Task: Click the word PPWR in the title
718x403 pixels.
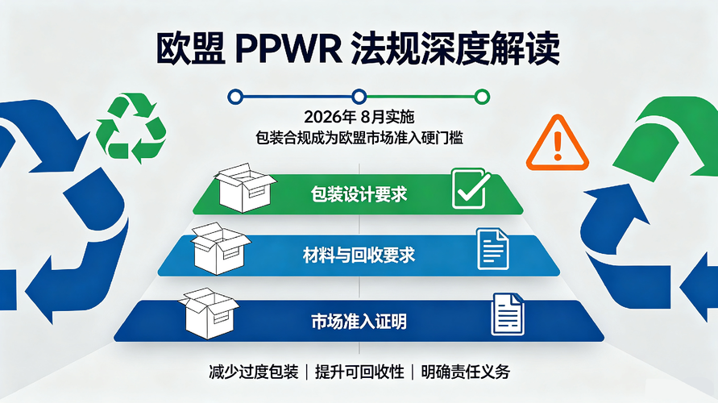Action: pyautogui.click(x=288, y=48)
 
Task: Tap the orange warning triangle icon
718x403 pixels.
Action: pyautogui.click(x=558, y=143)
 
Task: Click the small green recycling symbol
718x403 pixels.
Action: pyautogui.click(x=131, y=128)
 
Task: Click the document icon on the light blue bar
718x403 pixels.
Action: pyautogui.click(x=492, y=249)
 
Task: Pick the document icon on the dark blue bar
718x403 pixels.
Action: pyautogui.click(x=508, y=314)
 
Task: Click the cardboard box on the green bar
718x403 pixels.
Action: pyautogui.click(x=244, y=187)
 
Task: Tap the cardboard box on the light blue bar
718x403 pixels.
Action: pyautogui.click(x=221, y=248)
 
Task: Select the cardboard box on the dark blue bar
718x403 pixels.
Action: pyautogui.click(x=209, y=314)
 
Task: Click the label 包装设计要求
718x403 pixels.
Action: pyautogui.click(x=359, y=194)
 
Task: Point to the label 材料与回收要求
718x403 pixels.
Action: pyautogui.click(x=359, y=255)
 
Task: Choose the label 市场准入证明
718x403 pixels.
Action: pyautogui.click(x=359, y=322)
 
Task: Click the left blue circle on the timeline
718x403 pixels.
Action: pyautogui.click(x=235, y=97)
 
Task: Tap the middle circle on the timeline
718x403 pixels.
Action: pyautogui.click(x=359, y=97)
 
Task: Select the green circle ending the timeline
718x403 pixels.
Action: pyautogui.click(x=482, y=97)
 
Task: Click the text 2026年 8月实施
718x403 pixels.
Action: pyautogui.click(x=359, y=117)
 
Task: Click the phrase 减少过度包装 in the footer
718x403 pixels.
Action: pyautogui.click(x=254, y=372)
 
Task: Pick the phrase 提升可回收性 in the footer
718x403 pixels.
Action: pyautogui.click(x=359, y=372)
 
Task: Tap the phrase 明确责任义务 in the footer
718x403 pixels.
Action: pyautogui.click(x=465, y=372)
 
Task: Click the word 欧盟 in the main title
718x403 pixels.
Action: pyautogui.click(x=190, y=48)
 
